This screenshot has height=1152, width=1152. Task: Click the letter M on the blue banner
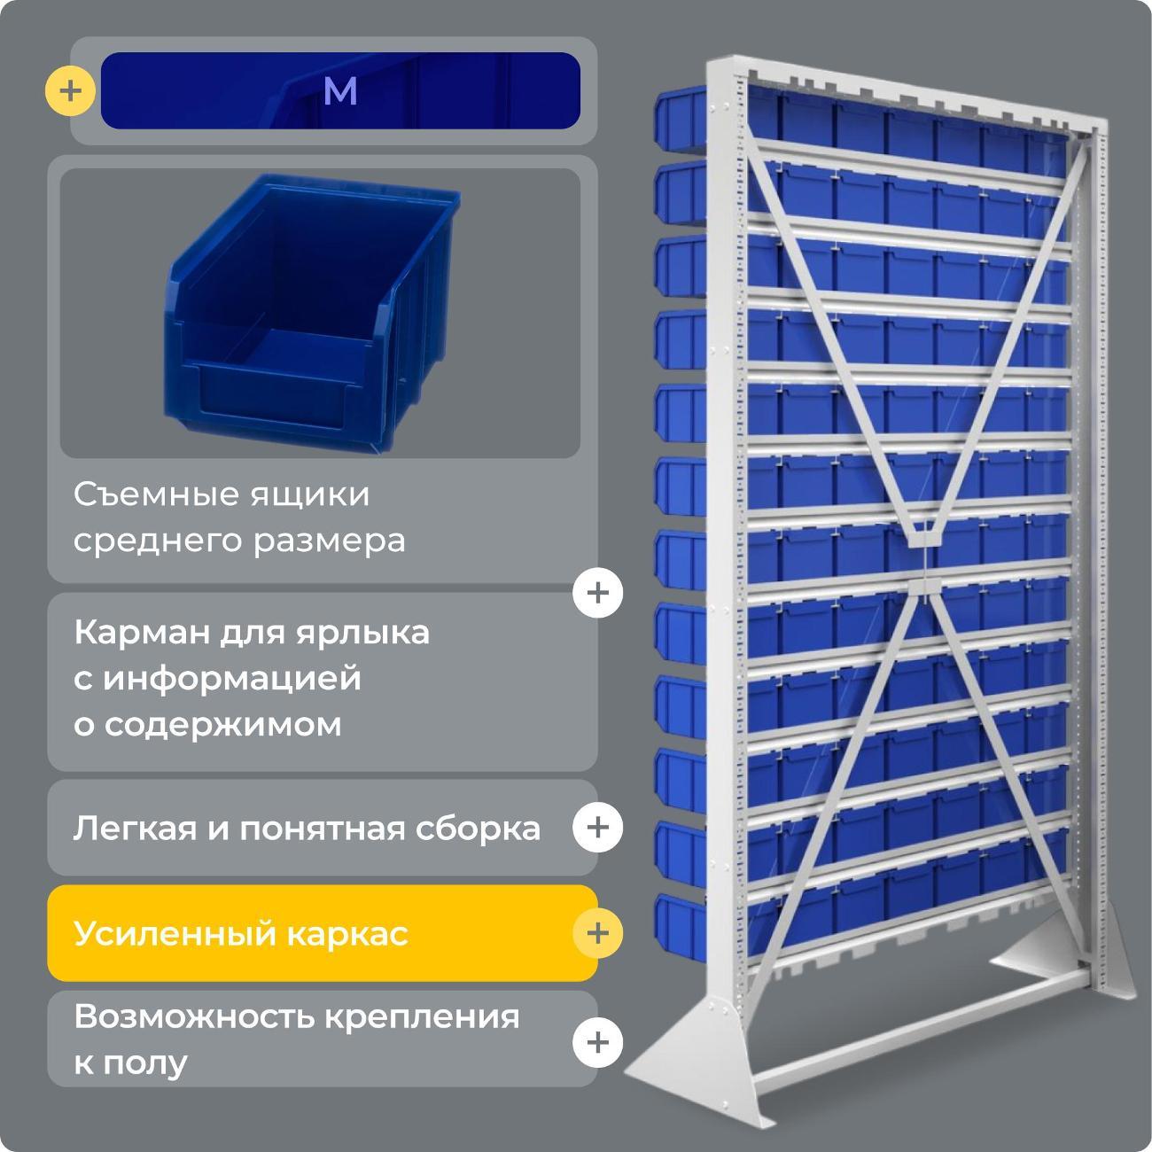point(340,91)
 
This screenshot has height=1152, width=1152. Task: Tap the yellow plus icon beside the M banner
point(70,91)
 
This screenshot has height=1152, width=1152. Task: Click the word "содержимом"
point(207,724)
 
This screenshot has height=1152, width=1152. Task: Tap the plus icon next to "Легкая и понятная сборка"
point(597,827)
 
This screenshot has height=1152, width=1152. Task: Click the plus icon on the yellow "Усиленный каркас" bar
point(597,932)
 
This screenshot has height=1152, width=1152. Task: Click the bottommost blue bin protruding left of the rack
point(678,920)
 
